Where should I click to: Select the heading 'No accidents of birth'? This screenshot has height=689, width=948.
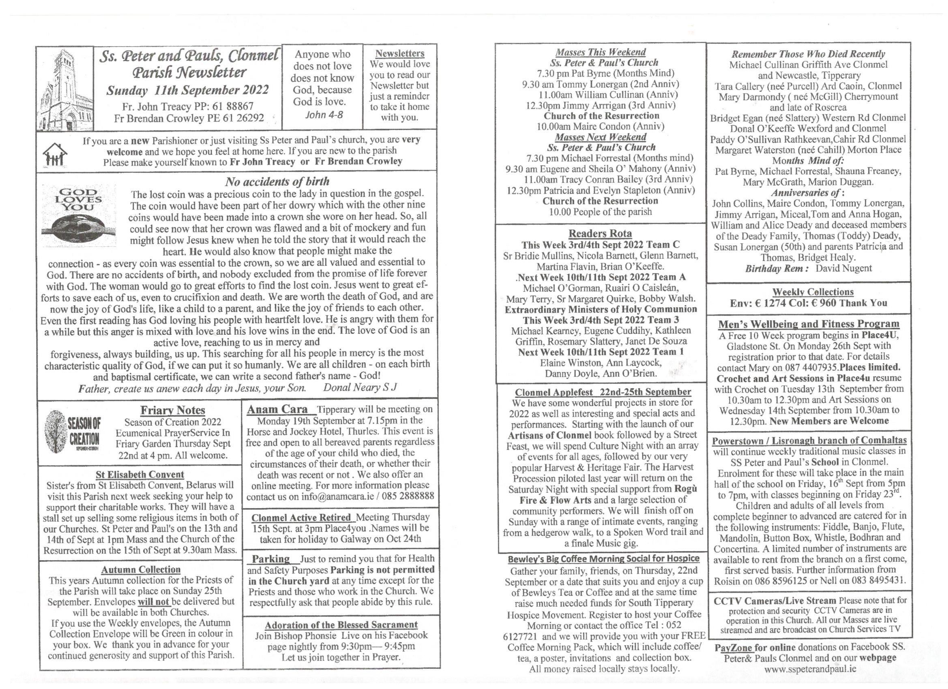pyautogui.click(x=277, y=181)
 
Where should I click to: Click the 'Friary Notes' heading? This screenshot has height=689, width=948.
pyautogui.click(x=173, y=410)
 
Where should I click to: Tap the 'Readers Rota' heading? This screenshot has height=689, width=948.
pyautogui.click(x=600, y=233)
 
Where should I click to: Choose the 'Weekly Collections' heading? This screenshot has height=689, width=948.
pyautogui.click(x=813, y=292)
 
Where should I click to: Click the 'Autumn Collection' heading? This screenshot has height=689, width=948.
pyautogui.click(x=140, y=569)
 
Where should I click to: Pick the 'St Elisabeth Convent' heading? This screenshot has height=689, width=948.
pyautogui.click(x=139, y=475)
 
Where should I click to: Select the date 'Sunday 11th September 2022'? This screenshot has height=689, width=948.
pyautogui.click(x=187, y=90)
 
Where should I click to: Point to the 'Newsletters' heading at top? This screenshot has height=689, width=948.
pyautogui.click(x=400, y=53)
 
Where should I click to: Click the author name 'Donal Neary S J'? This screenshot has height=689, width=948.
pyautogui.click(x=360, y=387)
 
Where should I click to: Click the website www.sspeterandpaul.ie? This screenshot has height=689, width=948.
pyautogui.click(x=810, y=668)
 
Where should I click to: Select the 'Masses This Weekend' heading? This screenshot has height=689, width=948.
pyautogui.click(x=600, y=52)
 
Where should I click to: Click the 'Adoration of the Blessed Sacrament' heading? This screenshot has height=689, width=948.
pyautogui.click(x=341, y=625)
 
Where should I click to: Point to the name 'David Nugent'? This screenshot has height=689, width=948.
pyautogui.click(x=843, y=268)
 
